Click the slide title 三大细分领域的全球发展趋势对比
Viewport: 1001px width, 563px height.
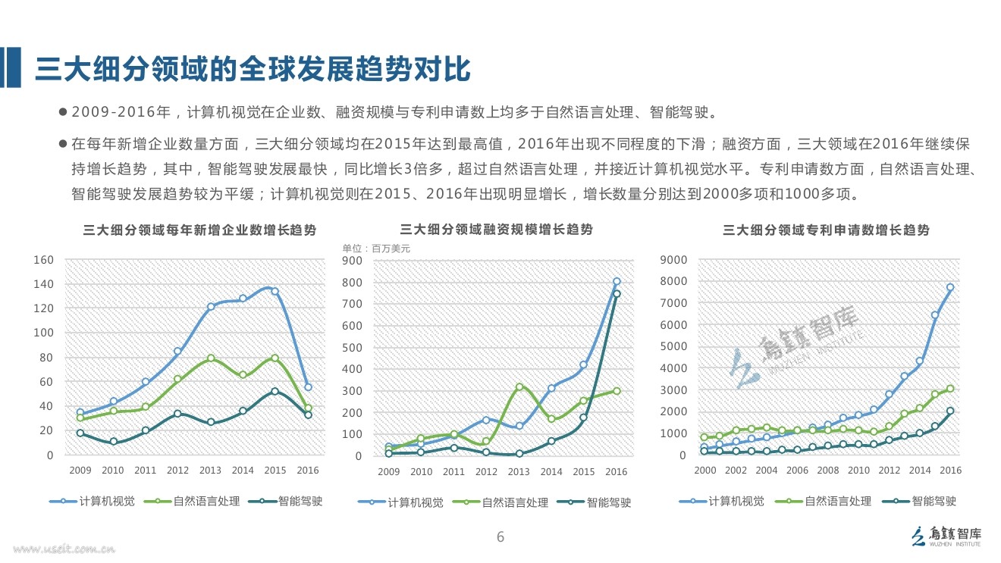pyautogui.click(x=253, y=69)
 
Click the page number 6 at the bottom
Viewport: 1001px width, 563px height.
pyautogui.click(x=500, y=538)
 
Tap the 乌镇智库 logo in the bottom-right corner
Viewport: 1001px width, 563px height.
pyautogui.click(x=944, y=536)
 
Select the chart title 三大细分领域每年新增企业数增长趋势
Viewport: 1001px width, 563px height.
pyautogui.click(x=199, y=230)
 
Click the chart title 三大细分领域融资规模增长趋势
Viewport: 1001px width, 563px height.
pyautogui.click(x=496, y=230)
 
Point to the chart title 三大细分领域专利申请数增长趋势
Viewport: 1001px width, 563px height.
pyautogui.click(x=826, y=230)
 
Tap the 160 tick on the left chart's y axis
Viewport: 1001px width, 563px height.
pyautogui.click(x=43, y=260)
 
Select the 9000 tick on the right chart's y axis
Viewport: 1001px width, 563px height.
pyautogui.click(x=674, y=260)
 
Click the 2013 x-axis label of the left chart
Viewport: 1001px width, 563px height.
pyautogui.click(x=210, y=471)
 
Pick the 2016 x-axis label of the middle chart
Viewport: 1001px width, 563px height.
pyautogui.click(x=616, y=472)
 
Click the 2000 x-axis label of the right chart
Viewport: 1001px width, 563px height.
pyautogui.click(x=704, y=471)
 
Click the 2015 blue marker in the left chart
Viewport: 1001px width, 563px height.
pyautogui.click(x=275, y=292)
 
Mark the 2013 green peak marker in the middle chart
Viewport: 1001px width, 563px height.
pyautogui.click(x=519, y=387)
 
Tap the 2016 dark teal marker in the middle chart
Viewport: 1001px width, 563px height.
pyautogui.click(x=617, y=294)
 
